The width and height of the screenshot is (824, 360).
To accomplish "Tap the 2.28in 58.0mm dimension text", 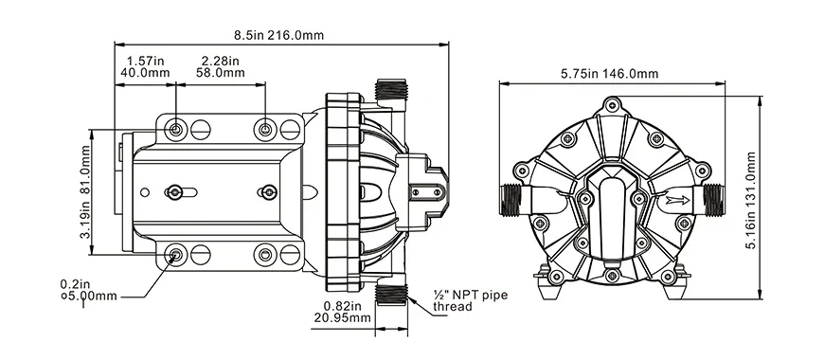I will coord(221,65).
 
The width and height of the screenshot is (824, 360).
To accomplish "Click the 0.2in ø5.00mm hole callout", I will coord(92,288).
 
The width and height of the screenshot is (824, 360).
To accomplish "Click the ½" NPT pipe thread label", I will coord(469,301).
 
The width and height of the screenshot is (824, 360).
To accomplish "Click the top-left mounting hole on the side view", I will coord(177,128).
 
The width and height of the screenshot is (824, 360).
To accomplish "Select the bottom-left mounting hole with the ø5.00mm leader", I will coord(176,254).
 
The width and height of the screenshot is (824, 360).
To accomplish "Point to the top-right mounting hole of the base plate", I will coord(266,128).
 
